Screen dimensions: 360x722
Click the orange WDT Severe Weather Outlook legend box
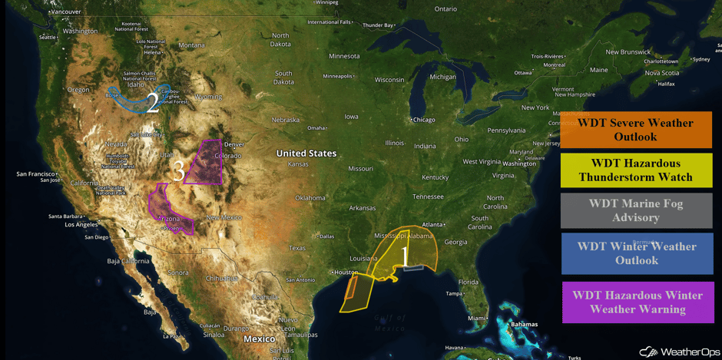[x=635, y=130]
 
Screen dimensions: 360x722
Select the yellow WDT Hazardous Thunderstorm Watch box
[x=635, y=170]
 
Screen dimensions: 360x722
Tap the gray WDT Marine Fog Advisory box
[x=635, y=210]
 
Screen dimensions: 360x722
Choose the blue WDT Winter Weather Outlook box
[x=636, y=253]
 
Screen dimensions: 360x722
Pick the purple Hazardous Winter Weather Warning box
[x=638, y=302]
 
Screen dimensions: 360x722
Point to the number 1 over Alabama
[x=406, y=256]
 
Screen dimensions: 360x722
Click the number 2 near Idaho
[x=152, y=103]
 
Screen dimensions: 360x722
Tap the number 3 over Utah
[x=178, y=170]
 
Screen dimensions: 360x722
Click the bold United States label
[x=306, y=154]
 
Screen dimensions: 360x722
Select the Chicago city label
[x=423, y=120]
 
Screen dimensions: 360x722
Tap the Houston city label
[x=346, y=272]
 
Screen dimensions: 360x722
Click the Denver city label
[x=234, y=144]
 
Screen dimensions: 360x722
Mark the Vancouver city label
[x=65, y=12]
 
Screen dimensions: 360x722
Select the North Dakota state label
[x=280, y=39]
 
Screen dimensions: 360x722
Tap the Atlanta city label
[x=432, y=224]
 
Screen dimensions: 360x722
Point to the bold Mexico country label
[x=260, y=339]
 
